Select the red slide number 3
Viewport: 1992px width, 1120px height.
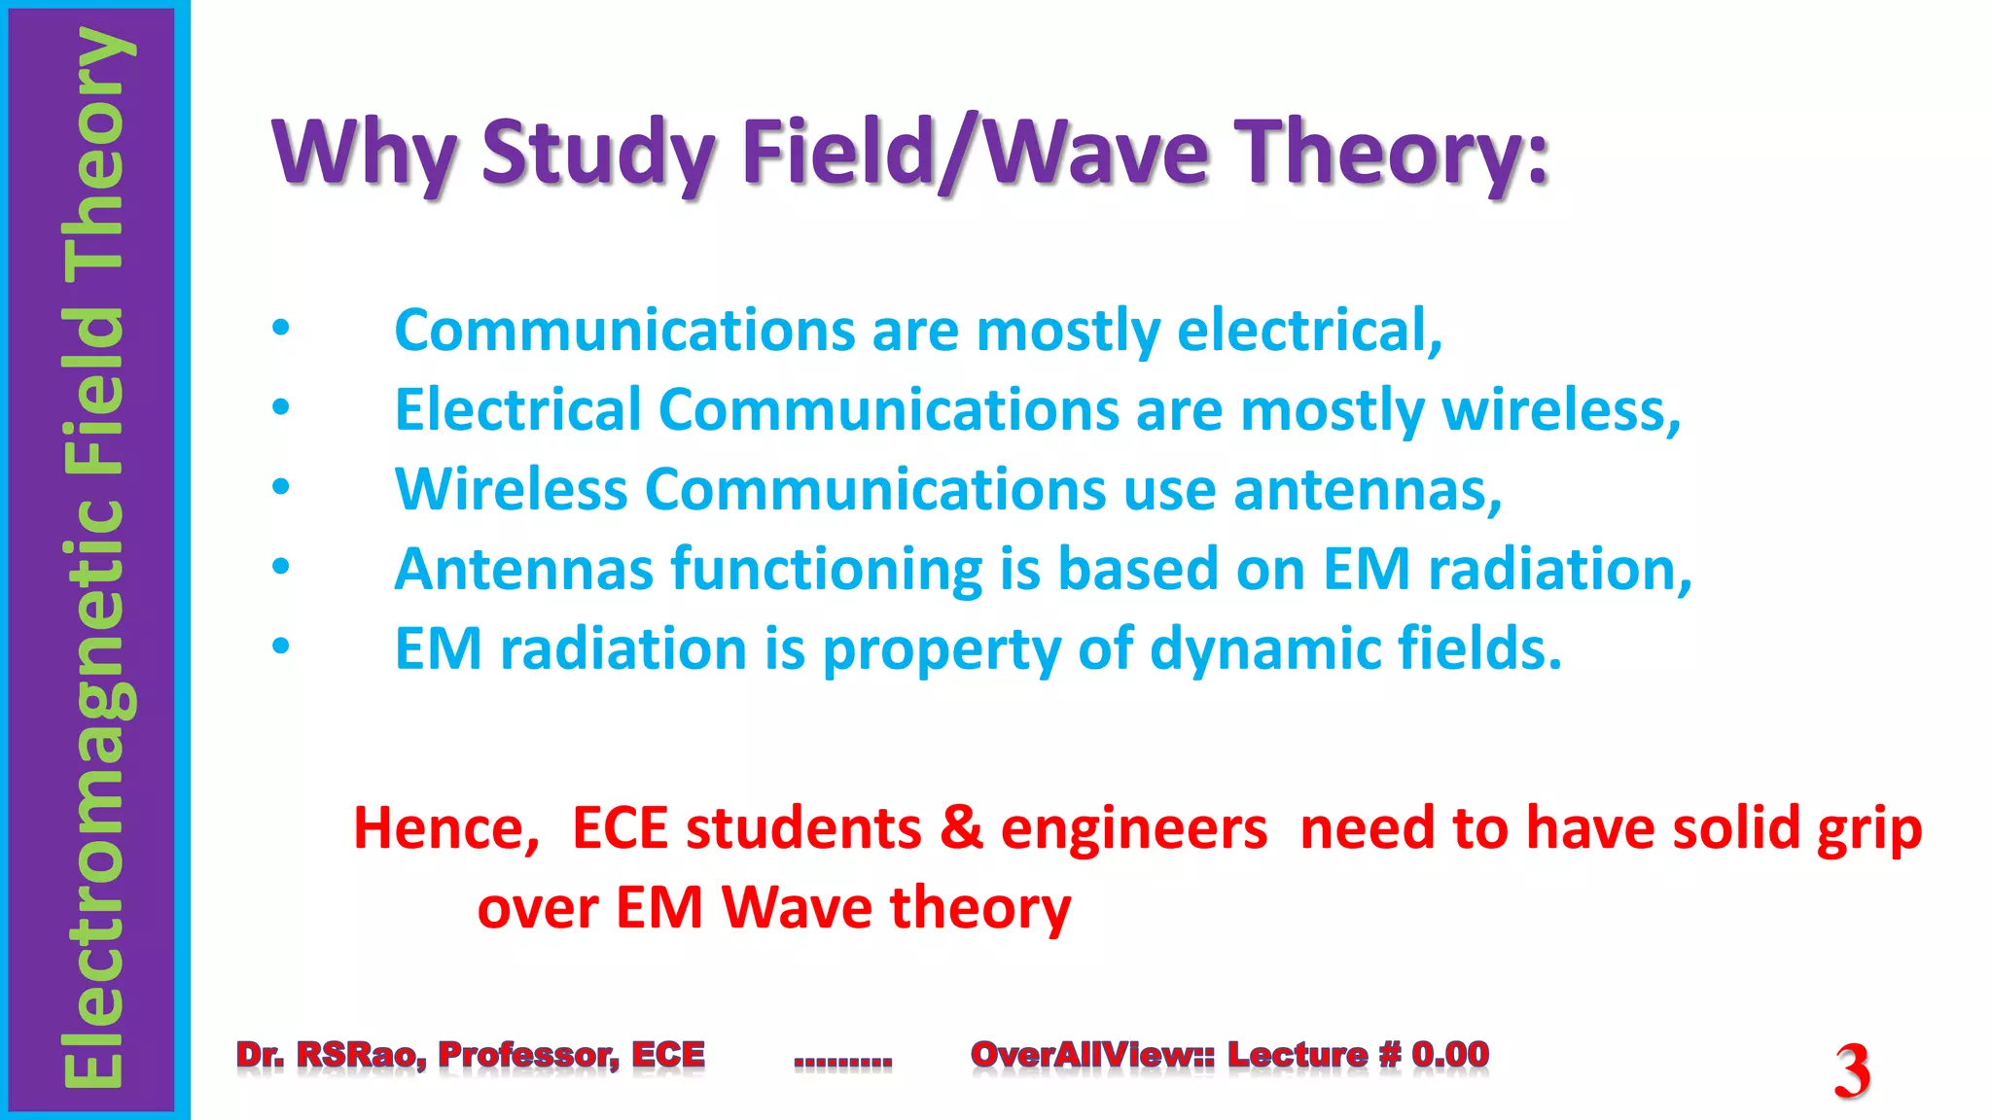pos(1852,1070)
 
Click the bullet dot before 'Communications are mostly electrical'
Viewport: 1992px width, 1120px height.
pos(281,328)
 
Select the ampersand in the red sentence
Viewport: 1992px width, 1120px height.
pos(961,828)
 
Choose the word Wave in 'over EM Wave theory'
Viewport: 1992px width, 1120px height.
pos(797,908)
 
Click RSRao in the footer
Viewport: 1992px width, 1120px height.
pos(361,1054)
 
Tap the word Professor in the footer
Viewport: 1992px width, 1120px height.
pos(528,1054)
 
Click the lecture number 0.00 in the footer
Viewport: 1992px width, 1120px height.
pos(1449,1054)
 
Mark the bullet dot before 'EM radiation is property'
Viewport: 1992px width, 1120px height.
pos(281,647)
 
